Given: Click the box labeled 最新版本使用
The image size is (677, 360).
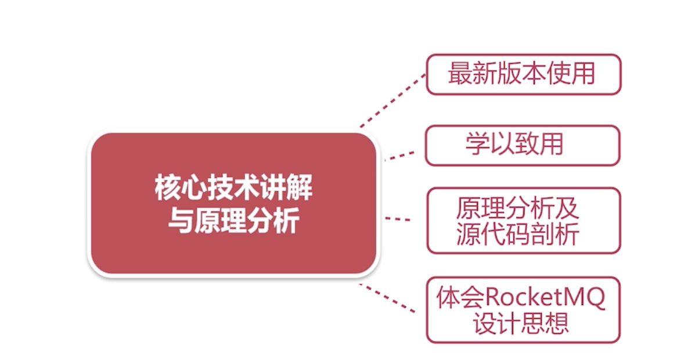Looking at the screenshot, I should [523, 74].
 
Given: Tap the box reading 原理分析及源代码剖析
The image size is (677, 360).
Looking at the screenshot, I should [523, 221].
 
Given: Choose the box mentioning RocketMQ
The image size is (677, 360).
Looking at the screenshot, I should [523, 309].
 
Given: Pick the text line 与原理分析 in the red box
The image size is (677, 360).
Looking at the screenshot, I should [233, 221].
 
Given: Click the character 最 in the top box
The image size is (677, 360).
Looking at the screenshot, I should [459, 74].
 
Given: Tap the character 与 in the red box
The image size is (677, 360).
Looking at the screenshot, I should [178, 221].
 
